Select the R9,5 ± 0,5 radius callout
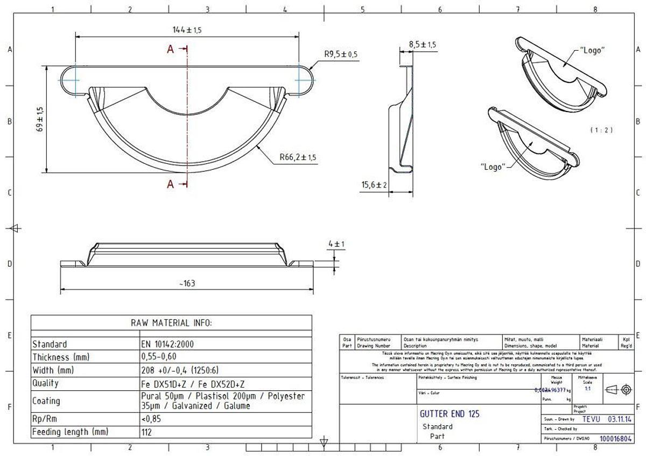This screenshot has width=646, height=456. tap(341, 54)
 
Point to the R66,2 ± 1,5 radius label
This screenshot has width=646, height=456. tap(298, 157)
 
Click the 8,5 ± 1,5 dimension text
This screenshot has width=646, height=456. tap(422, 44)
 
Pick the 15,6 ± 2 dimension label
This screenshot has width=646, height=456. tap(374, 185)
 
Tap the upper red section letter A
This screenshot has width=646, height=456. tap(170, 50)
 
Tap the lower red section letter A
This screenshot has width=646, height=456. tap(170, 184)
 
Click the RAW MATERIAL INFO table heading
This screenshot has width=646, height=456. tap(171, 323)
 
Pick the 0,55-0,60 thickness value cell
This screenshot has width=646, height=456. tap(159, 357)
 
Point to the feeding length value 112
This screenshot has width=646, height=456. tap(146, 432)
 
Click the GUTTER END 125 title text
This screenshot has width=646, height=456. tap(449, 414)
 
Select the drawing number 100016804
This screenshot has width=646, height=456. tap(615, 439)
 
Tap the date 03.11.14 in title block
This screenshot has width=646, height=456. tap(620, 419)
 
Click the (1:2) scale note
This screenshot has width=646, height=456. tap(601, 130)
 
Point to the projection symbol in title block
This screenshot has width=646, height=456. tap(619, 389)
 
